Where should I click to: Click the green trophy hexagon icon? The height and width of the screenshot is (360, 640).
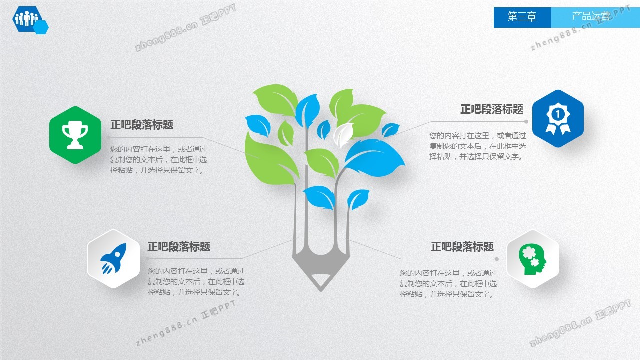click(x=75, y=135)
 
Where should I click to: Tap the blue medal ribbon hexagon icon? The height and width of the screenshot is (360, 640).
click(x=558, y=119)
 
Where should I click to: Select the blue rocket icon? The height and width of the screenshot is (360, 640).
click(x=113, y=259)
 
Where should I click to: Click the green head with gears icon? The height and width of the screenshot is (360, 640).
click(x=532, y=259)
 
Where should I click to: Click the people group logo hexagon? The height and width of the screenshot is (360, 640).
click(x=27, y=19)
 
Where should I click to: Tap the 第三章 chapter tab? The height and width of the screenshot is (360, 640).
click(x=522, y=17)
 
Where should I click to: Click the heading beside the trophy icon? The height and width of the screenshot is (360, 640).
click(x=142, y=125)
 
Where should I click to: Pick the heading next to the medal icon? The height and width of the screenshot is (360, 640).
click(x=492, y=109)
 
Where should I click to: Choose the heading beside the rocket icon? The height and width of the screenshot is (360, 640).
click(x=179, y=247)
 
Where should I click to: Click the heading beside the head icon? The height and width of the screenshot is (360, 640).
click(x=462, y=247)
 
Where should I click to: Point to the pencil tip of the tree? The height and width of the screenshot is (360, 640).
click(x=321, y=290)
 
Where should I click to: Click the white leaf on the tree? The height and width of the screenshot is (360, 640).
click(x=343, y=134)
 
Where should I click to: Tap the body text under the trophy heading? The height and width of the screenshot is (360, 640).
click(x=159, y=160)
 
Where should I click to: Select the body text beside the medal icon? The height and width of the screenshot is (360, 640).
click(x=478, y=146)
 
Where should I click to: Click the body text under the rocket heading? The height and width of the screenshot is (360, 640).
click(x=196, y=281)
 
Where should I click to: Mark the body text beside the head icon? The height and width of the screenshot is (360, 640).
click(x=448, y=283)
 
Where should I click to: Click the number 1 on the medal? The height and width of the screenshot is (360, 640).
click(x=557, y=115)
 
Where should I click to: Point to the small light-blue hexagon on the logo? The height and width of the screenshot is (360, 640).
click(x=41, y=27)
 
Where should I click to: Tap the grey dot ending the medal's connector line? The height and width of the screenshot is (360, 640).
click(x=526, y=121)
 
